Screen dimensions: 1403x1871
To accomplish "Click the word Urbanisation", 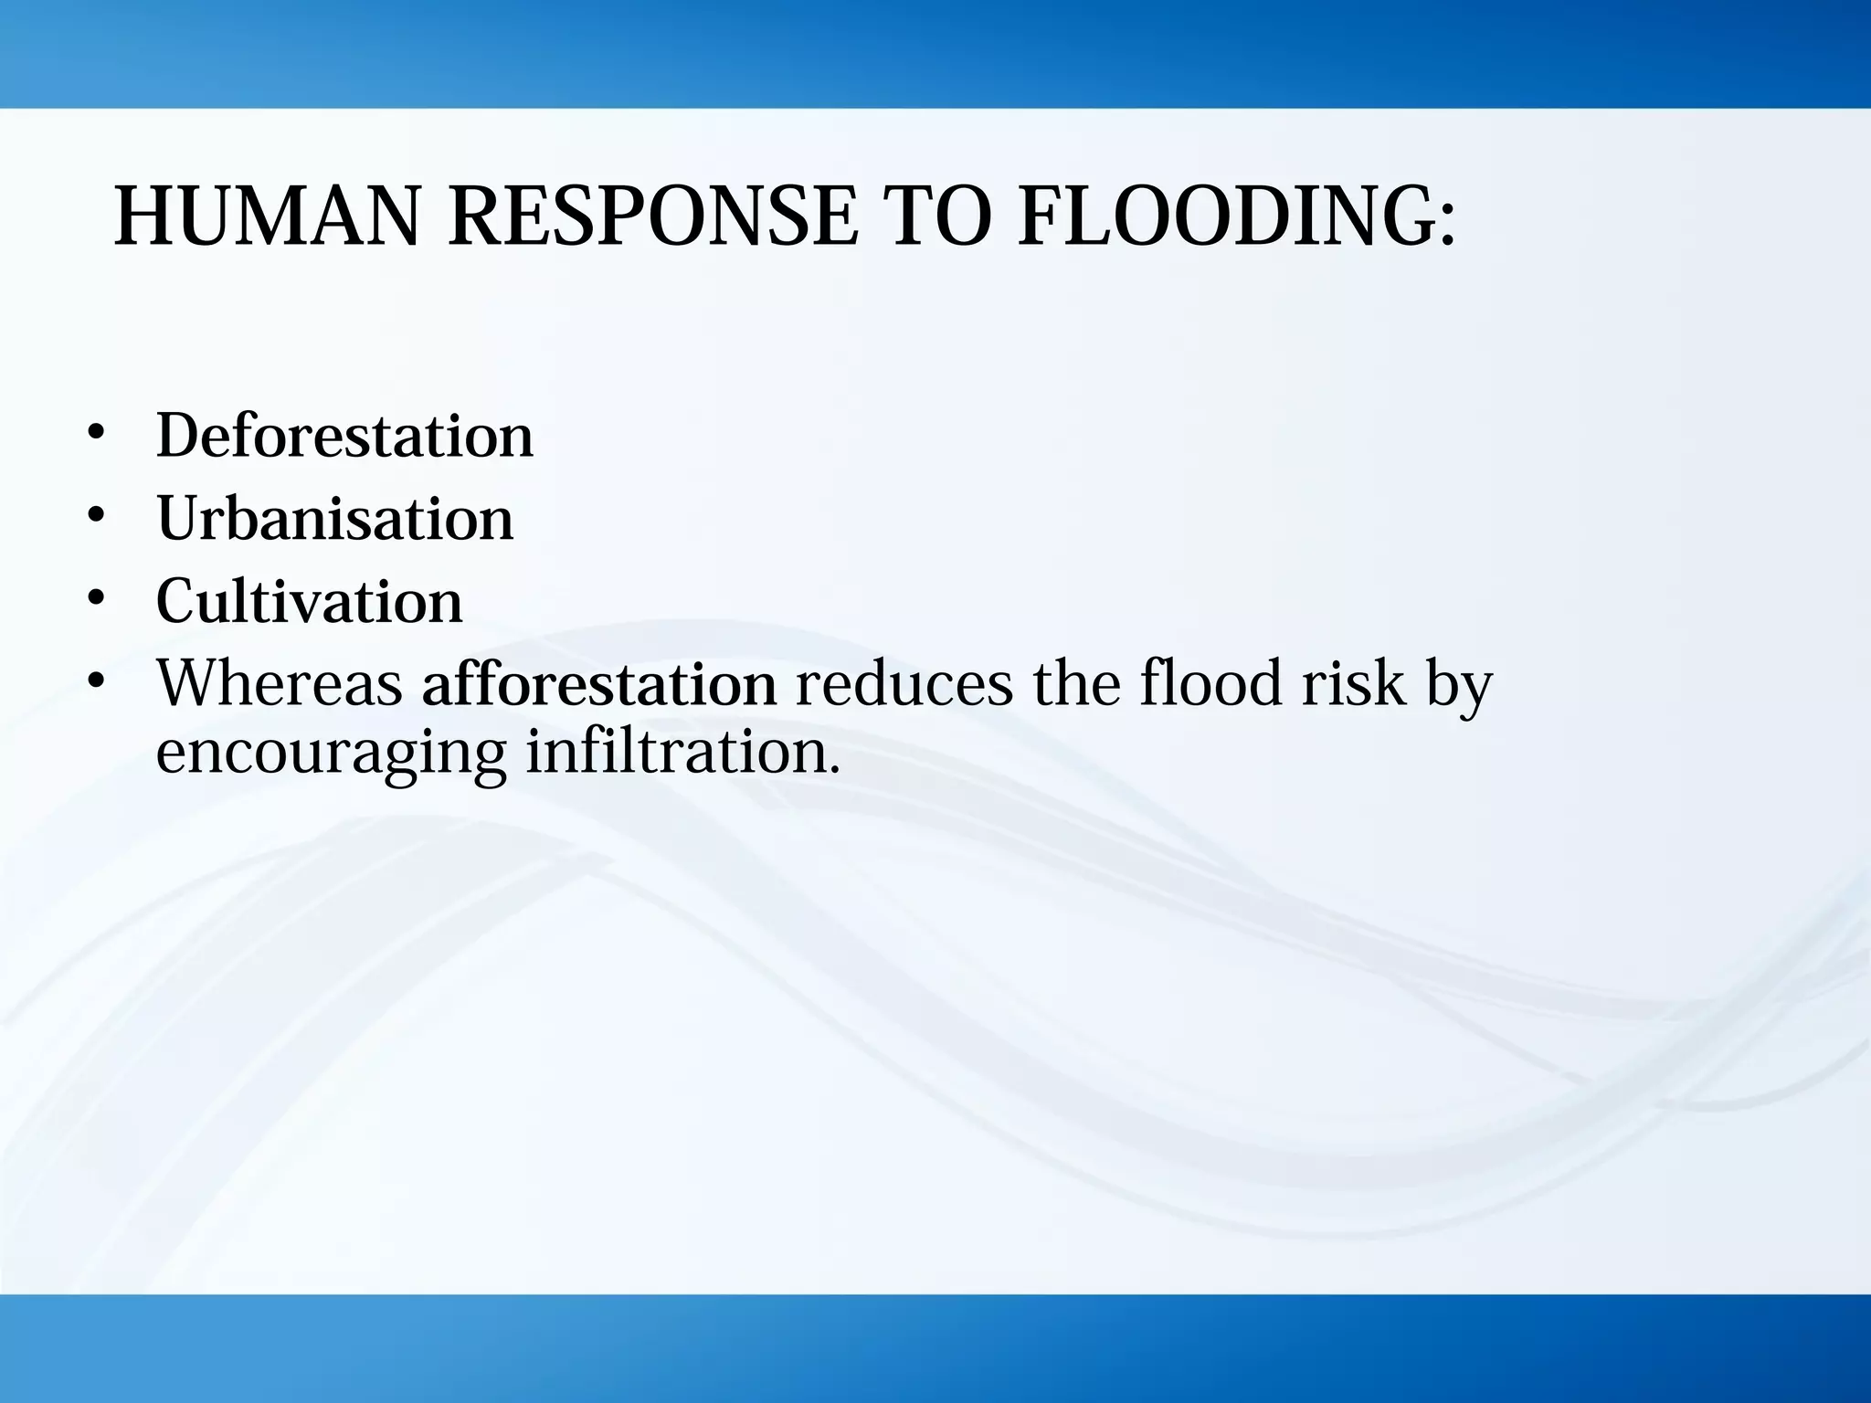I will (335, 518).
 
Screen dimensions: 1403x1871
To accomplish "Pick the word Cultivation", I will (310, 601).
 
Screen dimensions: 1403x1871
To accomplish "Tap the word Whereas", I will (280, 683).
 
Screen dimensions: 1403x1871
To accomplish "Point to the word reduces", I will (904, 683).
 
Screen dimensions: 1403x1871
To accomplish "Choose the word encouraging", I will (331, 754).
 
